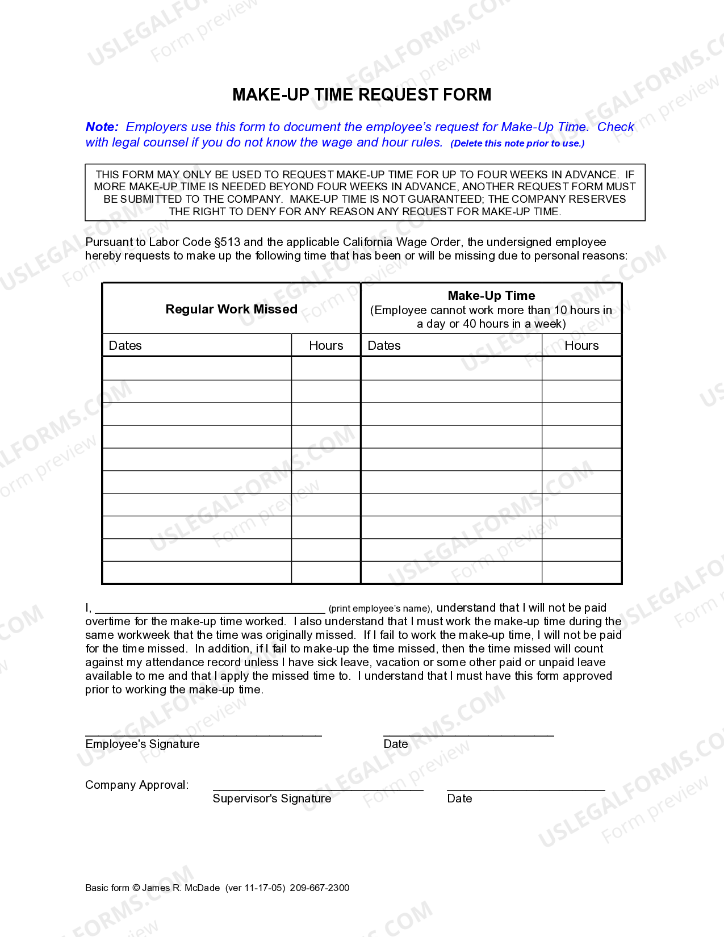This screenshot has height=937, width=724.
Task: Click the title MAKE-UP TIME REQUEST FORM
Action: tap(362, 94)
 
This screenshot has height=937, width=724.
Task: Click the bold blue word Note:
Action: tap(102, 127)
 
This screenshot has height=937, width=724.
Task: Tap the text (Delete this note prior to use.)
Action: tap(517, 144)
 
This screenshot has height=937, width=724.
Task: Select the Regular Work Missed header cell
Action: tap(231, 309)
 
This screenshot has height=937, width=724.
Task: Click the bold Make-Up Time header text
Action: tap(491, 295)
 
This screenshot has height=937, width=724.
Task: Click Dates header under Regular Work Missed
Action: tap(125, 345)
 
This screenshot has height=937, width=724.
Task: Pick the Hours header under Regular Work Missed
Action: tap(326, 345)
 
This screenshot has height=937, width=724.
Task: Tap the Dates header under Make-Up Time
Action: tap(384, 345)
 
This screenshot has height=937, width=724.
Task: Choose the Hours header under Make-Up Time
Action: tap(581, 345)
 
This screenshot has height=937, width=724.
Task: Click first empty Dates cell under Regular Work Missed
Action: tap(196, 369)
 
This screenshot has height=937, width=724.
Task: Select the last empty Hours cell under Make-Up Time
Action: tap(581, 572)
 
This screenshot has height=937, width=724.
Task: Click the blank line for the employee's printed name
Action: tap(210, 609)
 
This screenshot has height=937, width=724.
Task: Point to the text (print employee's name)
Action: tap(380, 609)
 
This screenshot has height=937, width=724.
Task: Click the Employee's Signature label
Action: tap(143, 744)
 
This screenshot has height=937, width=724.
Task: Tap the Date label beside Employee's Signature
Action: tap(396, 744)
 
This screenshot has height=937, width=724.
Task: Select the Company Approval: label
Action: tap(137, 785)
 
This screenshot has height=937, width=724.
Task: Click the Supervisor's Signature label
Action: tap(272, 798)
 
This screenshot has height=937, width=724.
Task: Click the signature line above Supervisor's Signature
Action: tap(318, 789)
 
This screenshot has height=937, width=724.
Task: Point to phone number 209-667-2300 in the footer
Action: tap(320, 888)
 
